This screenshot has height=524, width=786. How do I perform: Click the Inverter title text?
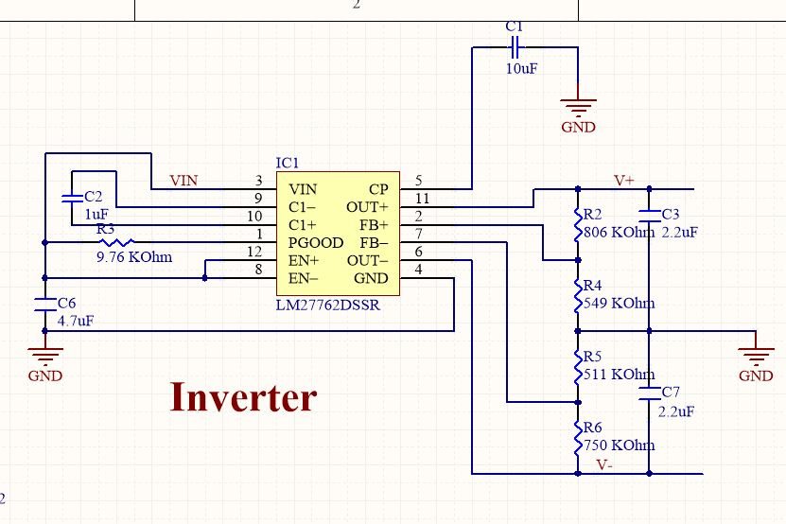243,397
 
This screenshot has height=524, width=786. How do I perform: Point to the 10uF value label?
520,69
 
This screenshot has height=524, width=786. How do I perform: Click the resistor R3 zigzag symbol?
118,243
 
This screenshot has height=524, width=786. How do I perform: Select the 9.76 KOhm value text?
134,257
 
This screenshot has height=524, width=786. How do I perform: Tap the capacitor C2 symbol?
70,199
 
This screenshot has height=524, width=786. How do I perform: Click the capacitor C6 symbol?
44,305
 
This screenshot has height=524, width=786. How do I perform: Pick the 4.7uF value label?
76,321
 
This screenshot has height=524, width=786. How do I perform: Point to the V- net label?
605,465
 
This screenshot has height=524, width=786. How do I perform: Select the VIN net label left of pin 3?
183,181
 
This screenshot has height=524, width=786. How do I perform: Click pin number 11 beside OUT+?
422,199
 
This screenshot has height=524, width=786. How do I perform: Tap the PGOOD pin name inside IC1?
316,243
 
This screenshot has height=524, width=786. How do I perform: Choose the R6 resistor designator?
593,428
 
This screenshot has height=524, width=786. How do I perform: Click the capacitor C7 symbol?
649,393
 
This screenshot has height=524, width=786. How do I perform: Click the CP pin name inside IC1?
378,189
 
